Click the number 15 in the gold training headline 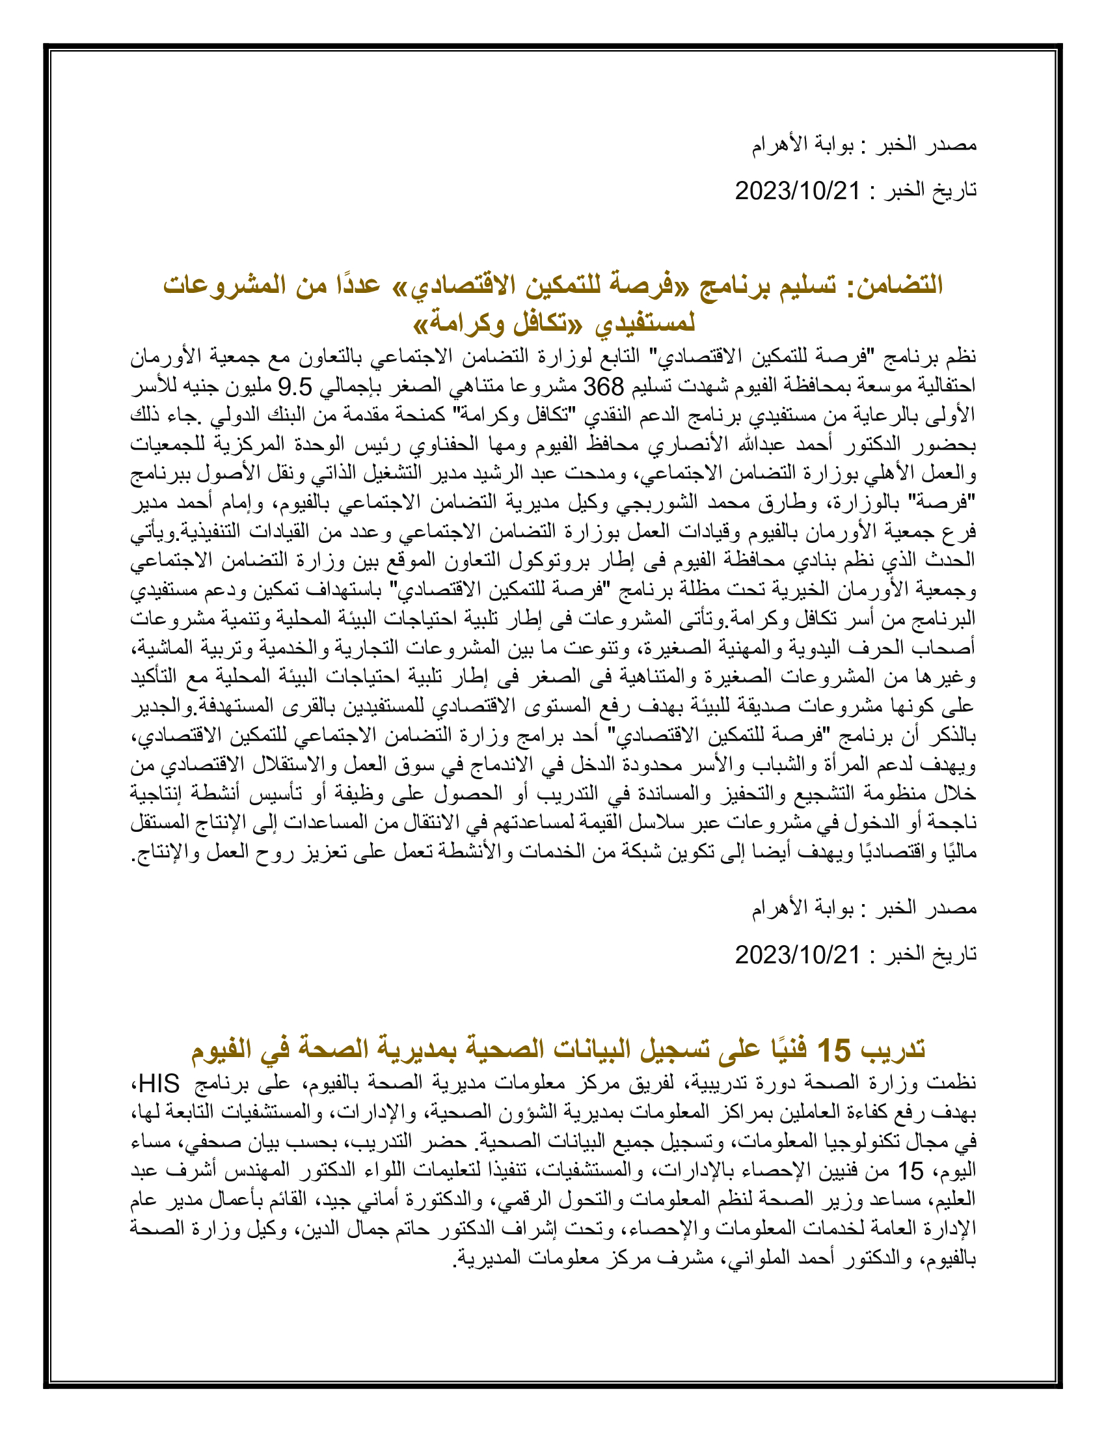(x=833, y=1050)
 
